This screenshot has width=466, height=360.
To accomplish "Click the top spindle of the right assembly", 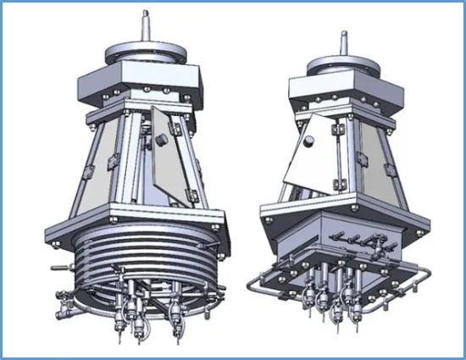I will point(344,42).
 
